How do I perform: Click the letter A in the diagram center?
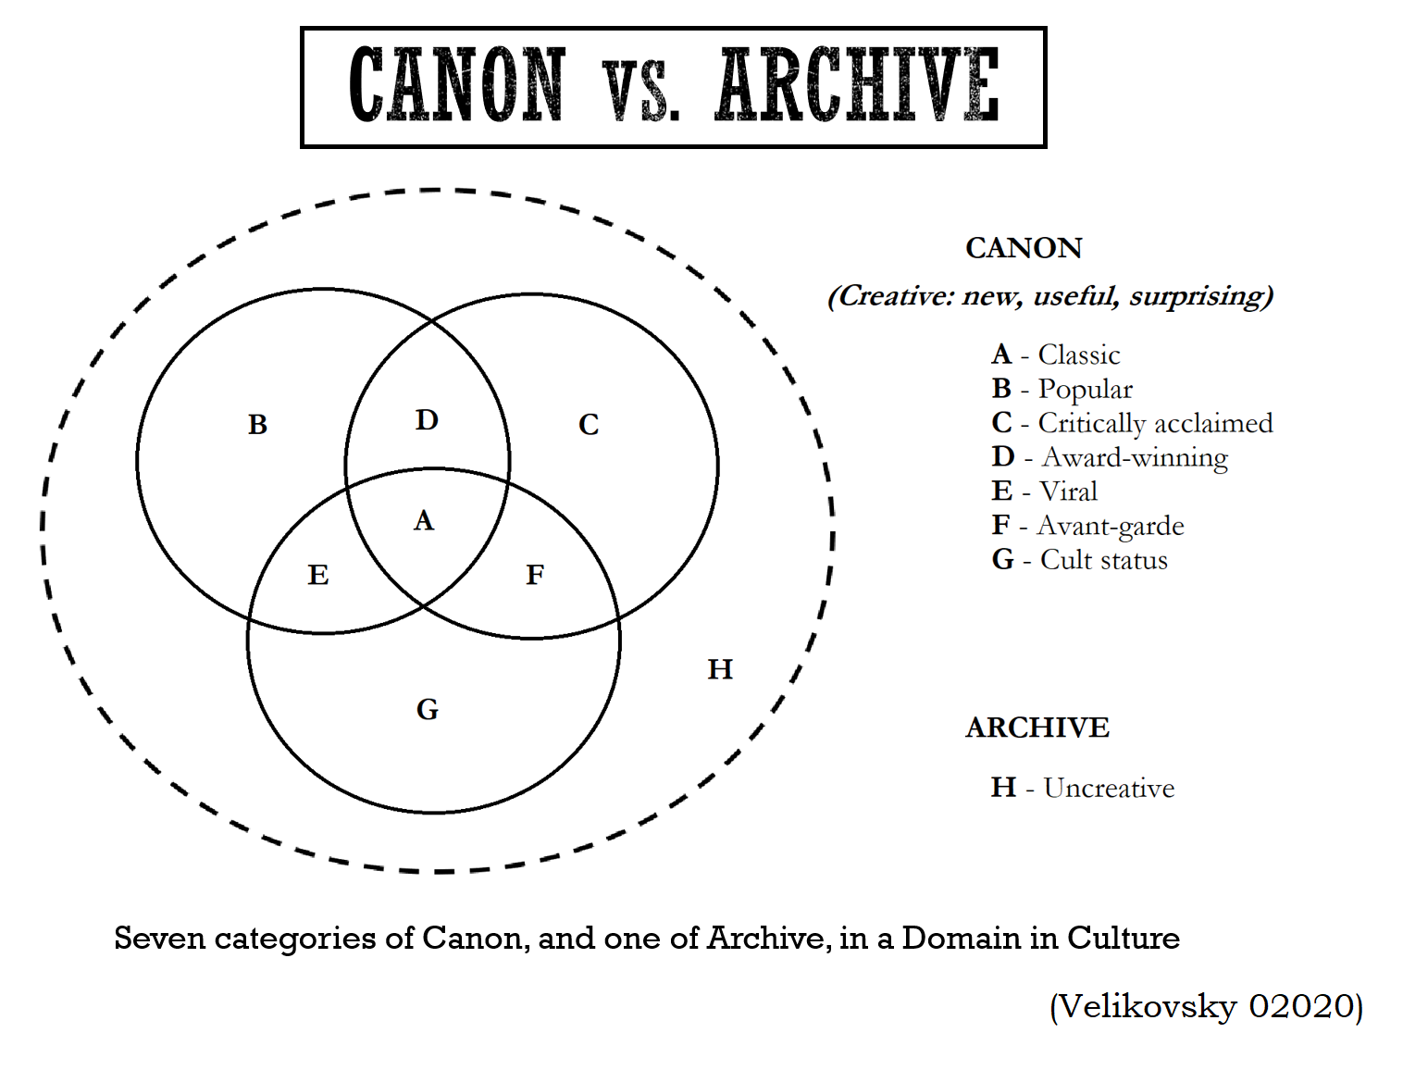(x=424, y=521)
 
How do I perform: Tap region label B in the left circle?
(x=258, y=425)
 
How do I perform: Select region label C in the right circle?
(x=589, y=425)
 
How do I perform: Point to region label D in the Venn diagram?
(x=427, y=420)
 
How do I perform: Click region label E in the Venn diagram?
(x=318, y=576)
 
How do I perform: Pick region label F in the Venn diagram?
(x=535, y=576)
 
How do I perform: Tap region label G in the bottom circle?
(x=428, y=710)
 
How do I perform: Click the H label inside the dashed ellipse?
(x=720, y=669)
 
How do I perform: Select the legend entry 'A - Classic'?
(x=1055, y=355)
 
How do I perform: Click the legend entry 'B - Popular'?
(x=1062, y=389)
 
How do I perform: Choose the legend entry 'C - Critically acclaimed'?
(x=1132, y=423)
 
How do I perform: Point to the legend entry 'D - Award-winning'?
(x=1110, y=457)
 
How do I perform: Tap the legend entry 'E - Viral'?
(x=1044, y=491)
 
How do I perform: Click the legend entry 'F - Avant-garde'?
(x=1087, y=526)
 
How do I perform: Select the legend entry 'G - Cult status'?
(x=1079, y=560)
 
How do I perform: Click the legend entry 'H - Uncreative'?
(x=1082, y=788)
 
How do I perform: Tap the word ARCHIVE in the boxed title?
(x=857, y=86)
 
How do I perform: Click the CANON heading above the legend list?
(x=1024, y=248)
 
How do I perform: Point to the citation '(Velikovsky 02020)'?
(x=1206, y=1006)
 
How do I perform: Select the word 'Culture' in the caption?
(x=1123, y=939)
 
